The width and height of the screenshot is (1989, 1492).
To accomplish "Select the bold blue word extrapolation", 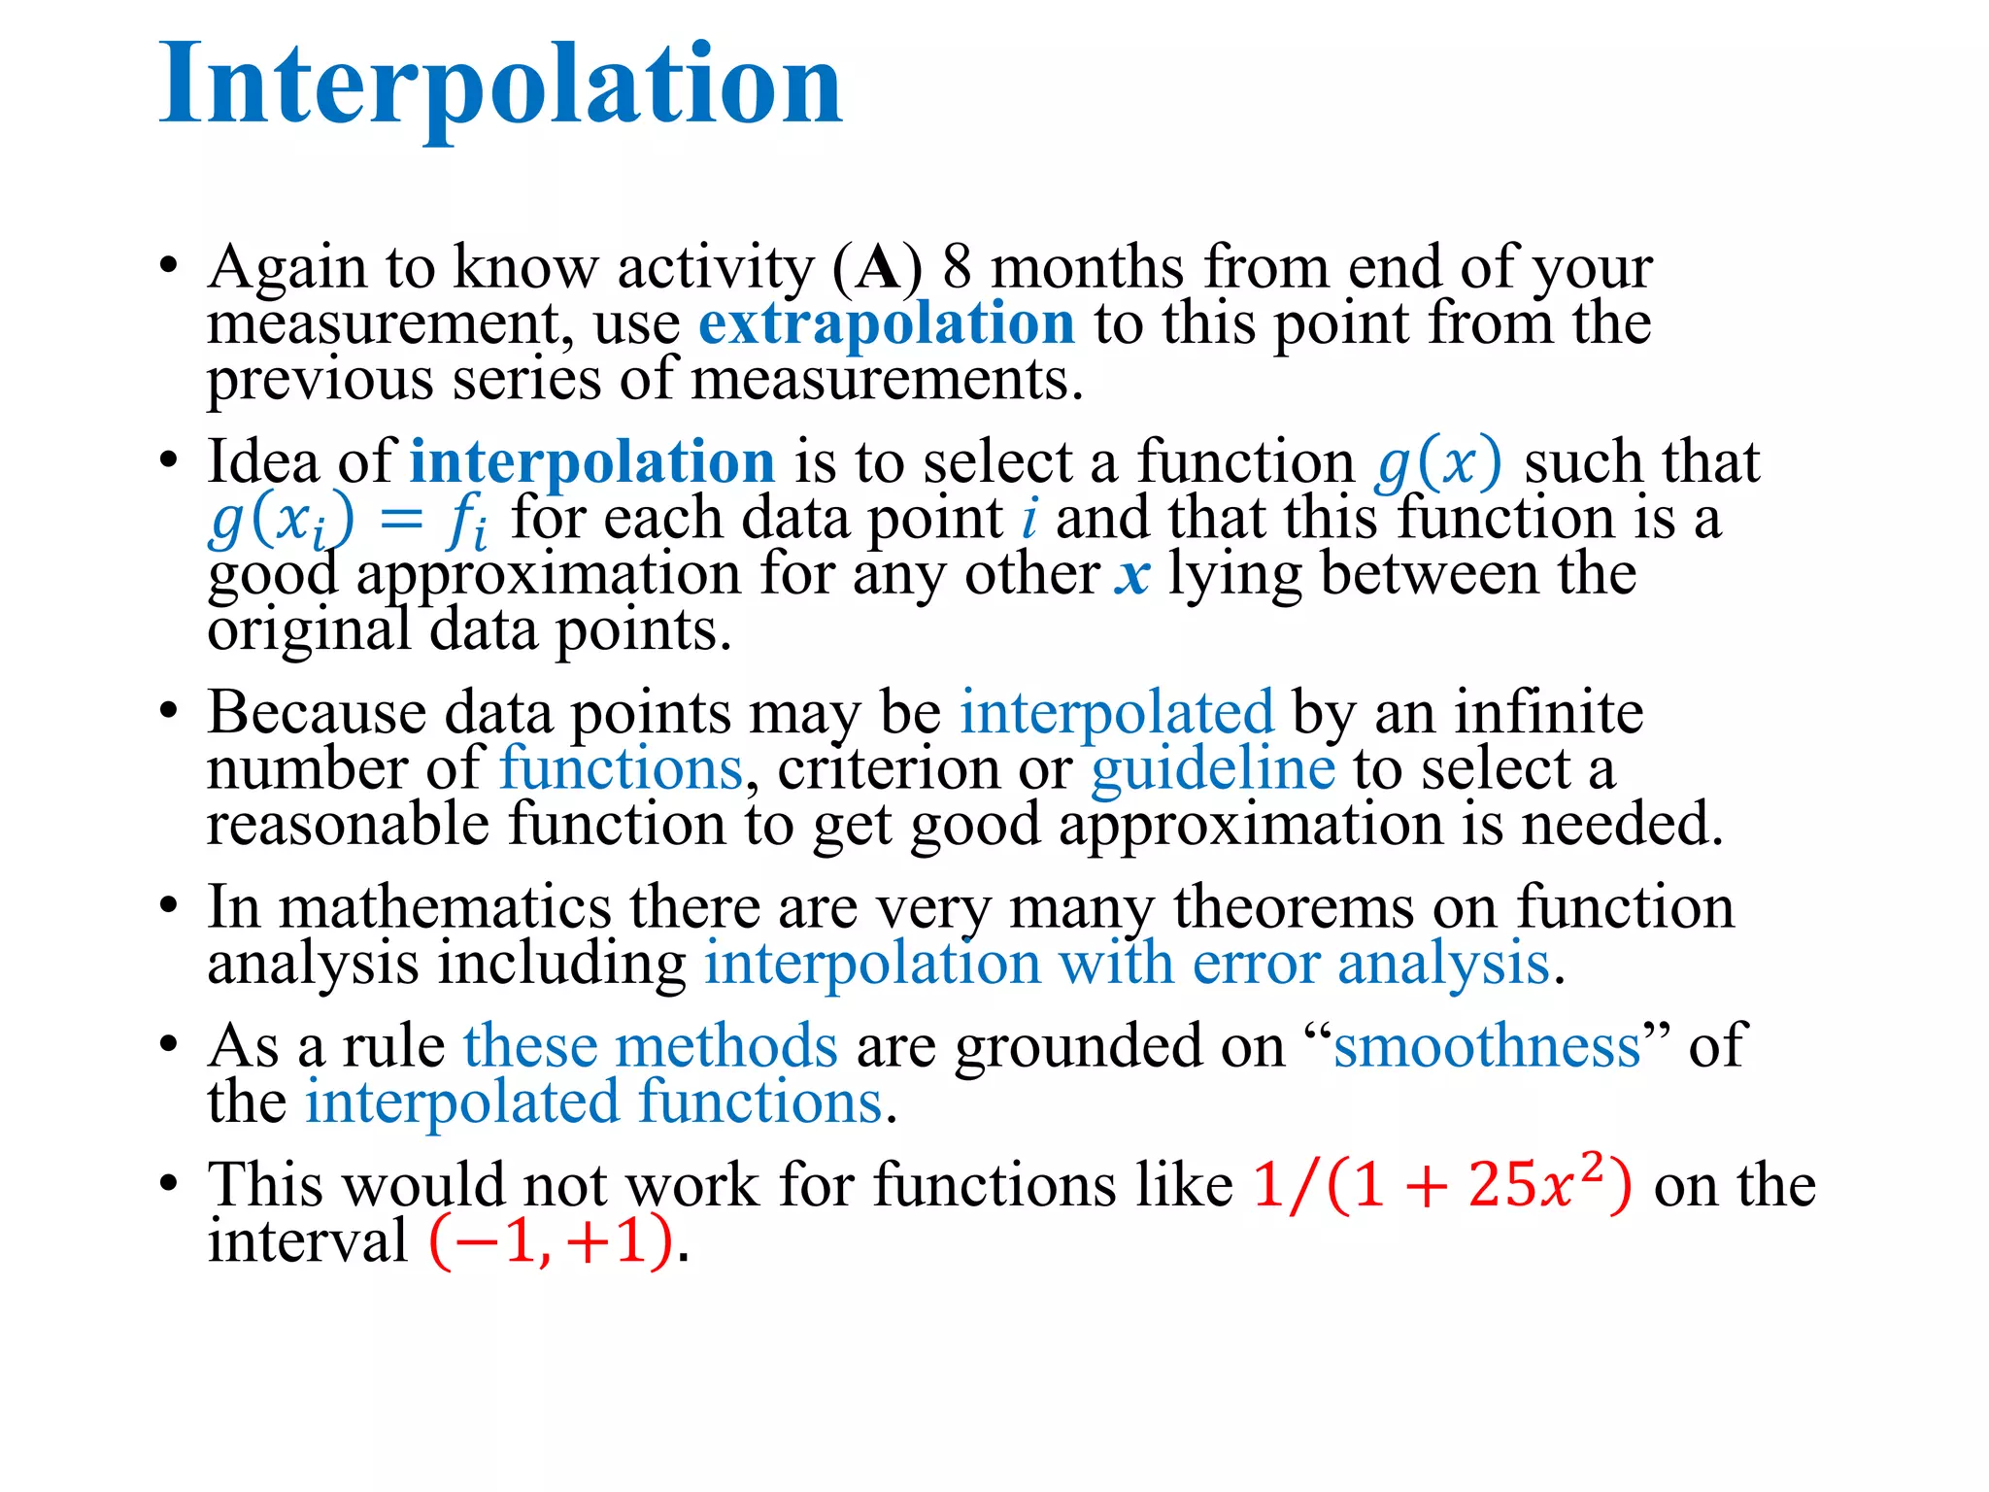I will coord(886,323).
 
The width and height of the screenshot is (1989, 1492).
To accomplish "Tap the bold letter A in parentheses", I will coord(879,268).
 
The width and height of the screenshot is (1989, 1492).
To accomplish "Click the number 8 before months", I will coord(957,267).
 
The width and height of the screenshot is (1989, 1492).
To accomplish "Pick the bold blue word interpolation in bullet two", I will coord(591,461).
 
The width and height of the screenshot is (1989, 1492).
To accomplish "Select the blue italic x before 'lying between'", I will coord(1132,575).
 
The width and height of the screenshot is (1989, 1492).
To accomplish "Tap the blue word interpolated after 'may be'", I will coord(1116,712).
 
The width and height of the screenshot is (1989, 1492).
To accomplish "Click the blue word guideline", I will coord(1212,768).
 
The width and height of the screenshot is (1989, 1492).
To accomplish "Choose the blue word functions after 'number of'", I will coord(622,768).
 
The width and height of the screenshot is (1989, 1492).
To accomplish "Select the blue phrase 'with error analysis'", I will coord(1303,964).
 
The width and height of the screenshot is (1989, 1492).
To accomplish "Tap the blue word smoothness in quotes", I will coord(1487,1046).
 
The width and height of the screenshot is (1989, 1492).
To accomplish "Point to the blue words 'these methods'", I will coord(650,1046).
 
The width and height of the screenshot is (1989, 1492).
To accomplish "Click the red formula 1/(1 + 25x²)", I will coord(1441,1185).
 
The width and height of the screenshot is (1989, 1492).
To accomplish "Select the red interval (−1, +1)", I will coord(551,1241).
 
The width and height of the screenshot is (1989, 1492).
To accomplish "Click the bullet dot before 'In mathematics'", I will coord(169,905).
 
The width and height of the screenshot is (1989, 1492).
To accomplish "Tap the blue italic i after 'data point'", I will coord(1029,519).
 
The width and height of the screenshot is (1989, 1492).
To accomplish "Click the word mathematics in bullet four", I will coord(445,907).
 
